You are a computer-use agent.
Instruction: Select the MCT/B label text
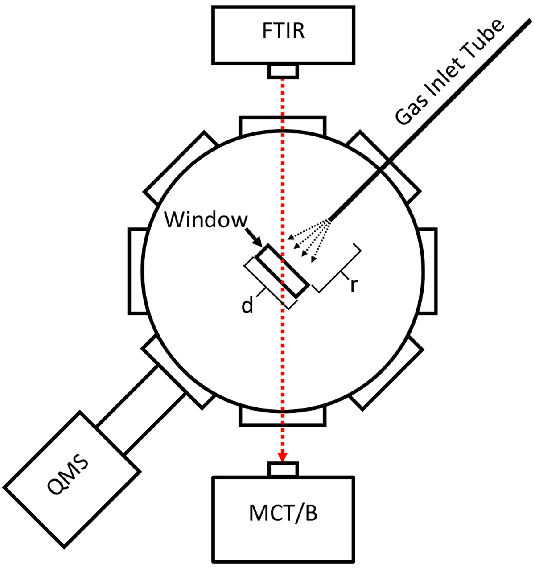[284, 514]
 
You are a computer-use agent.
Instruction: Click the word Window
[206, 220]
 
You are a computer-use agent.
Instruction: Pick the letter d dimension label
[247, 305]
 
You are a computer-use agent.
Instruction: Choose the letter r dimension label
[354, 285]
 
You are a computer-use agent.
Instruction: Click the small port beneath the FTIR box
[283, 71]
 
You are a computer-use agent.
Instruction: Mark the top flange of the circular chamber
[283, 124]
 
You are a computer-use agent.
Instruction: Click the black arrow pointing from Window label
[255, 235]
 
